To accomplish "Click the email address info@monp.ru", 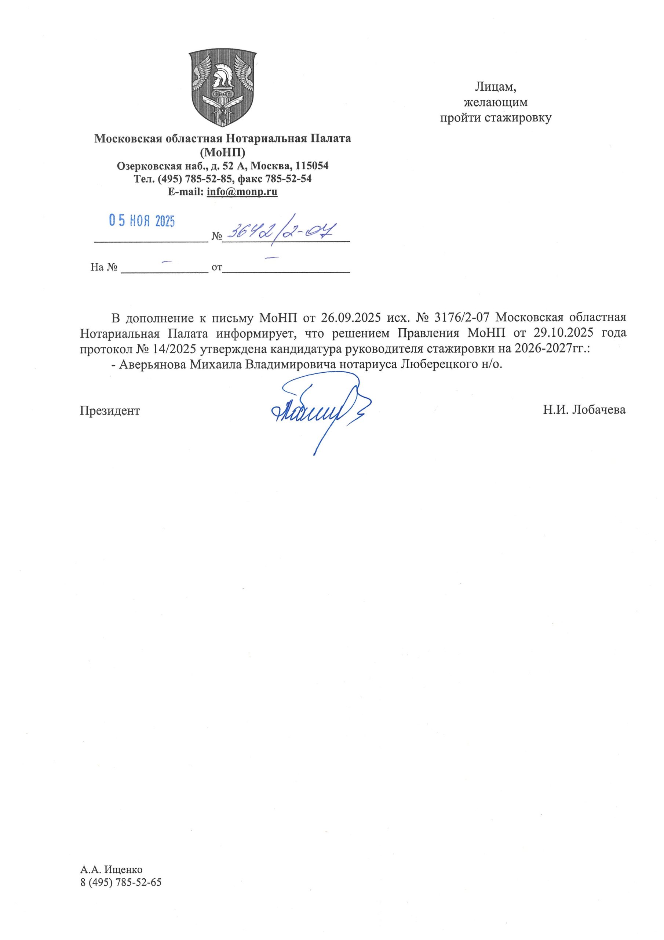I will click(242, 192).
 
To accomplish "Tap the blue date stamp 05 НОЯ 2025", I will click(142, 221).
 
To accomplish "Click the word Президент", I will click(110, 411).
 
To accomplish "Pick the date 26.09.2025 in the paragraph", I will click(351, 318).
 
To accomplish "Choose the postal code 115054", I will click(312, 166).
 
